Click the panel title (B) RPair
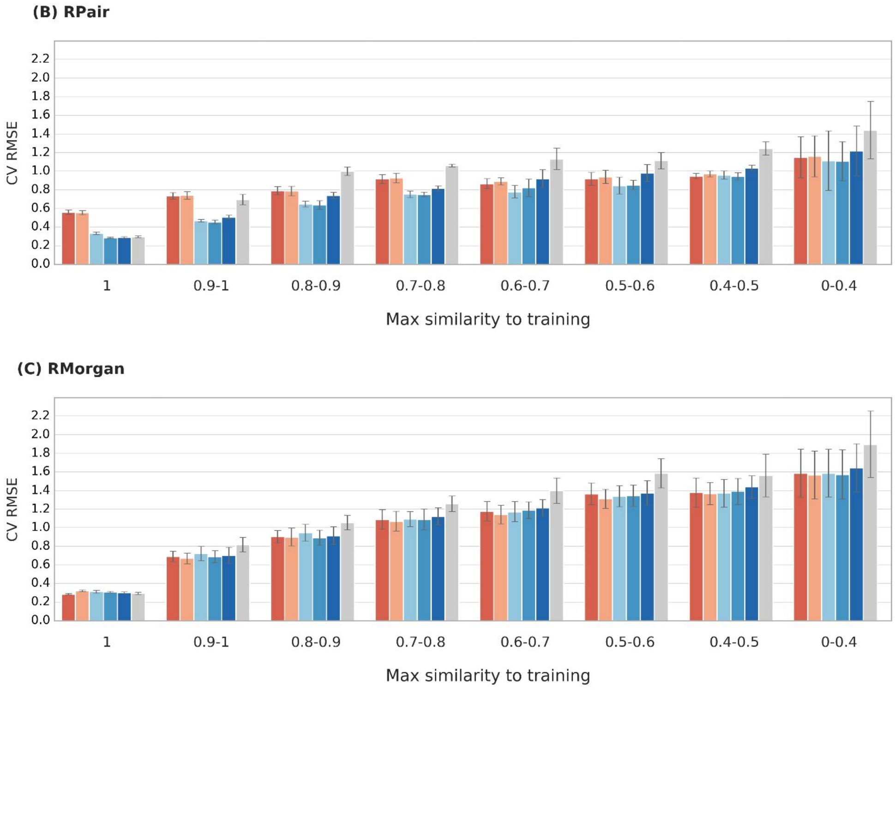(71, 12)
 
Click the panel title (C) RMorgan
(71, 369)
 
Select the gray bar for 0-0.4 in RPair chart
(870, 198)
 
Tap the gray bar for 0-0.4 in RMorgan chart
(870, 533)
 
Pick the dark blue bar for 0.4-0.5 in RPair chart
(751, 217)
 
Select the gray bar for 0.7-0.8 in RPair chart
(451, 215)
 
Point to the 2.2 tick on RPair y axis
(40, 59)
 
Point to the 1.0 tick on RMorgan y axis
(40, 527)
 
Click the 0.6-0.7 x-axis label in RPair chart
(525, 286)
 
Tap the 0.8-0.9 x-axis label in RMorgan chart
(316, 642)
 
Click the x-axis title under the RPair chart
(488, 319)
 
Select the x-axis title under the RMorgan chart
(488, 676)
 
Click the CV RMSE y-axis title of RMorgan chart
(12, 509)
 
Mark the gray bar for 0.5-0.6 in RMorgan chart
(661, 547)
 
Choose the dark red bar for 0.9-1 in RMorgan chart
(173, 589)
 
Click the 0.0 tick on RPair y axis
(40, 264)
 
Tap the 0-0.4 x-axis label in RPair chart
(838, 286)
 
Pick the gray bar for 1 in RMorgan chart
(138, 607)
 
